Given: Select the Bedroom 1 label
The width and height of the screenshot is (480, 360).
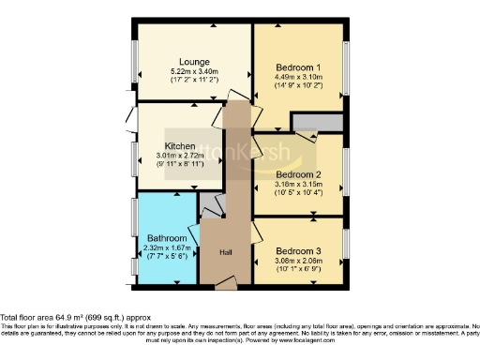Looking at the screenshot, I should (299, 67).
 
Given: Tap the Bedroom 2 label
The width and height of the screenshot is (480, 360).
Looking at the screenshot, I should (299, 174).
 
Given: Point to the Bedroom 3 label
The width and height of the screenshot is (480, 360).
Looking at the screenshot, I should (299, 251).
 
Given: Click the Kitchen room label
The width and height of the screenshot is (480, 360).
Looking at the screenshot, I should (179, 146).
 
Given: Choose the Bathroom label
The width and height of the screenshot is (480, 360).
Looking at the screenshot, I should (165, 239).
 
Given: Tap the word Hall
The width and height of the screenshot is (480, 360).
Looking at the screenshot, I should (226, 253).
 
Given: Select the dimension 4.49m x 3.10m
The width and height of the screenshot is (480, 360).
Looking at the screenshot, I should (299, 78).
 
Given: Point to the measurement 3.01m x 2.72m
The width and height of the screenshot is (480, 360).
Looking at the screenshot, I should (179, 156).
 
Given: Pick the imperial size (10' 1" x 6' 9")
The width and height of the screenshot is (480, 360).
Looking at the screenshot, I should (299, 271).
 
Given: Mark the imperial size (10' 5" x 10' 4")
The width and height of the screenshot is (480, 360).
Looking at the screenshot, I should (299, 194).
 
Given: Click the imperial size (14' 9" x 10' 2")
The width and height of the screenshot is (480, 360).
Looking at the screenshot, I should (299, 86).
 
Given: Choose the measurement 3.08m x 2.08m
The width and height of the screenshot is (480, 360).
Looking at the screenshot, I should (299, 262).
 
